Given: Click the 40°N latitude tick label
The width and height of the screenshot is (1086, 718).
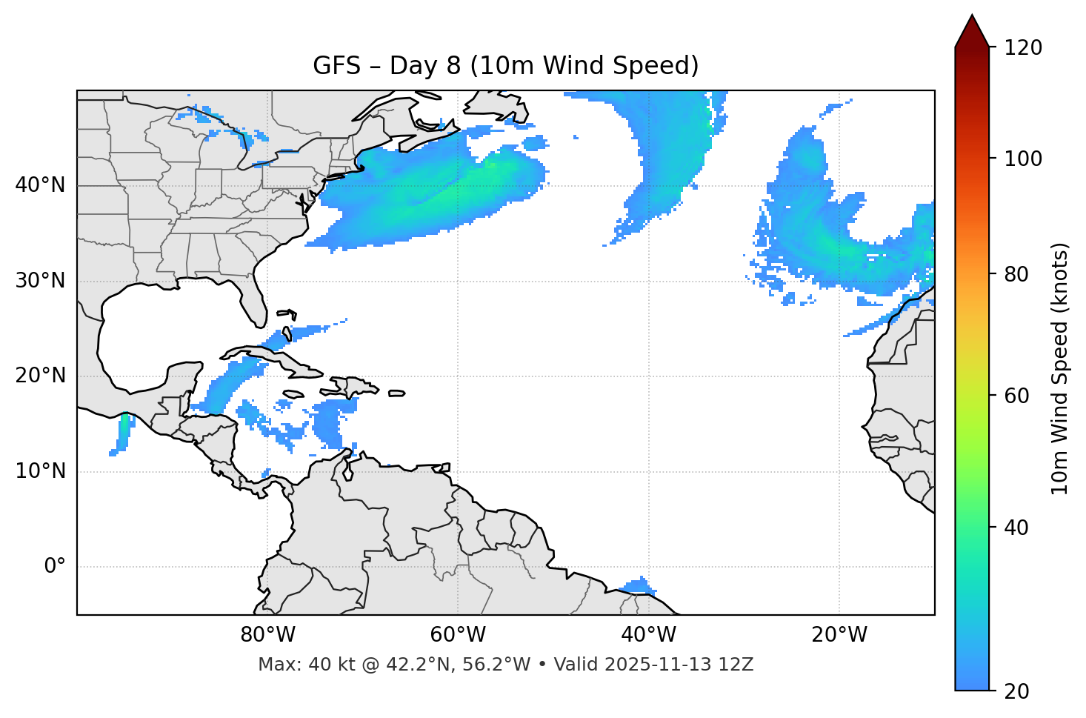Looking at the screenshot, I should click(x=40, y=185).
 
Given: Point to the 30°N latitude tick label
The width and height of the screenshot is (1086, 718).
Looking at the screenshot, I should click(x=40, y=281).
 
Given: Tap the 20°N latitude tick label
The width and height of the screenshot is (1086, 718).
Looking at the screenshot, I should click(x=40, y=376).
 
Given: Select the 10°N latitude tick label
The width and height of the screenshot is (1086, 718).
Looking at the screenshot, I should click(x=40, y=471).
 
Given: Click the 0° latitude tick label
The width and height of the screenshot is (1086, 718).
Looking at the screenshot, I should click(x=54, y=567).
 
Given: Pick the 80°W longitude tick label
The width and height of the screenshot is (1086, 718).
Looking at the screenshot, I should click(x=267, y=635).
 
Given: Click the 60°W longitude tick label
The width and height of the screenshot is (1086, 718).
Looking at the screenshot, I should click(x=458, y=635).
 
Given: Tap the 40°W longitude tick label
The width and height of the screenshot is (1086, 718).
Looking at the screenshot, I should click(x=648, y=635).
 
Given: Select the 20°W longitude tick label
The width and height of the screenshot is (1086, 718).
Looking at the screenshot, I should click(x=839, y=635).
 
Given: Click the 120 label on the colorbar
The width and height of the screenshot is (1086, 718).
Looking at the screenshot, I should click(x=1023, y=47).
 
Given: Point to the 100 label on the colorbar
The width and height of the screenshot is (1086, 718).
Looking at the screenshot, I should click(x=1023, y=159).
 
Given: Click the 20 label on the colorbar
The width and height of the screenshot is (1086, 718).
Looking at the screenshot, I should click(x=1016, y=691).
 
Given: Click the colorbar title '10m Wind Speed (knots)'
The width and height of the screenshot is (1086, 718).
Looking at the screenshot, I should click(x=1060, y=368).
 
